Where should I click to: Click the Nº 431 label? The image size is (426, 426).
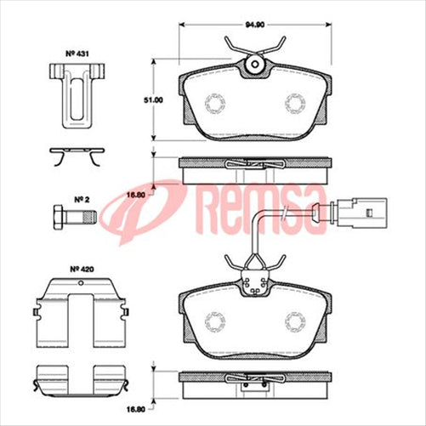click(77, 54)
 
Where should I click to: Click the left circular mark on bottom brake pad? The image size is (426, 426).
click(217, 322)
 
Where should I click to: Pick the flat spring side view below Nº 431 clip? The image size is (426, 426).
click(77, 156)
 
